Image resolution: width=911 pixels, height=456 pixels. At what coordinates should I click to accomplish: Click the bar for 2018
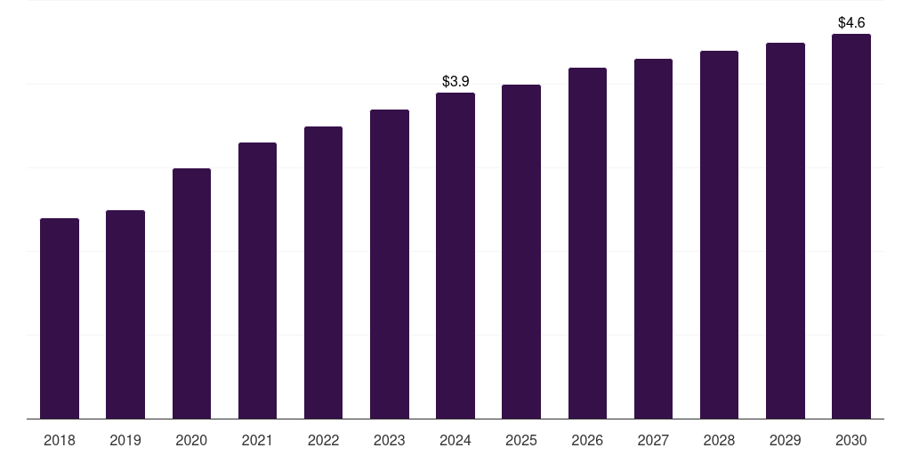click(x=60, y=318)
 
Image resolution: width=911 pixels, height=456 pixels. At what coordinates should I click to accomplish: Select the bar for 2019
click(x=125, y=314)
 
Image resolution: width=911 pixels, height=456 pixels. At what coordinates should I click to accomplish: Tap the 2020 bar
click(x=191, y=293)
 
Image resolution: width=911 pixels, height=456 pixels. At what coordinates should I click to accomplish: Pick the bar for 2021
click(x=257, y=281)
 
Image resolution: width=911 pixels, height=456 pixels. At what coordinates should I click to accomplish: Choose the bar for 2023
click(x=390, y=264)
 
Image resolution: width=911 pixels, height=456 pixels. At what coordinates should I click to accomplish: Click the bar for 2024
click(x=455, y=256)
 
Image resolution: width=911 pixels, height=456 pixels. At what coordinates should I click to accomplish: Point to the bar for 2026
click(x=587, y=243)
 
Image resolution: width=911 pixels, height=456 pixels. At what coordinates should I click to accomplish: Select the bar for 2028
click(x=719, y=234)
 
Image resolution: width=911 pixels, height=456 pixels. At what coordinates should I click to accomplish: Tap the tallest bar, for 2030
click(x=851, y=226)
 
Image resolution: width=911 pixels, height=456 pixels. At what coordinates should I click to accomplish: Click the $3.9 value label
click(x=455, y=81)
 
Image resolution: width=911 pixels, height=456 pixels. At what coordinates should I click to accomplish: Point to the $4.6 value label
click(x=851, y=22)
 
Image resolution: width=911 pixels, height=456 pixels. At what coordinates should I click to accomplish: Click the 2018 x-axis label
click(x=60, y=440)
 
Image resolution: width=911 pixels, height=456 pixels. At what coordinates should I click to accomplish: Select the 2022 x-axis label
click(x=324, y=440)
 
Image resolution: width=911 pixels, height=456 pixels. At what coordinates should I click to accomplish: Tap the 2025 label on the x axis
click(x=521, y=440)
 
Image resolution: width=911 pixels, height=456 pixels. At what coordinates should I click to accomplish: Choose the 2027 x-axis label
click(x=653, y=440)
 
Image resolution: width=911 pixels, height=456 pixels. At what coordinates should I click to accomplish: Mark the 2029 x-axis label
click(x=786, y=440)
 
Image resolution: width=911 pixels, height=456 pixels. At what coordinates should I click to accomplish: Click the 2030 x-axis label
click(x=851, y=440)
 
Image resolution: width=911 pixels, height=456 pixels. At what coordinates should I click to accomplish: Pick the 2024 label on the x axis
click(x=455, y=440)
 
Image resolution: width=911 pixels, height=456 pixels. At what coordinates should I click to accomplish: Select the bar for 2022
click(x=324, y=273)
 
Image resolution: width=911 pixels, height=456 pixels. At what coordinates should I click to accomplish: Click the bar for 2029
click(x=786, y=231)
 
